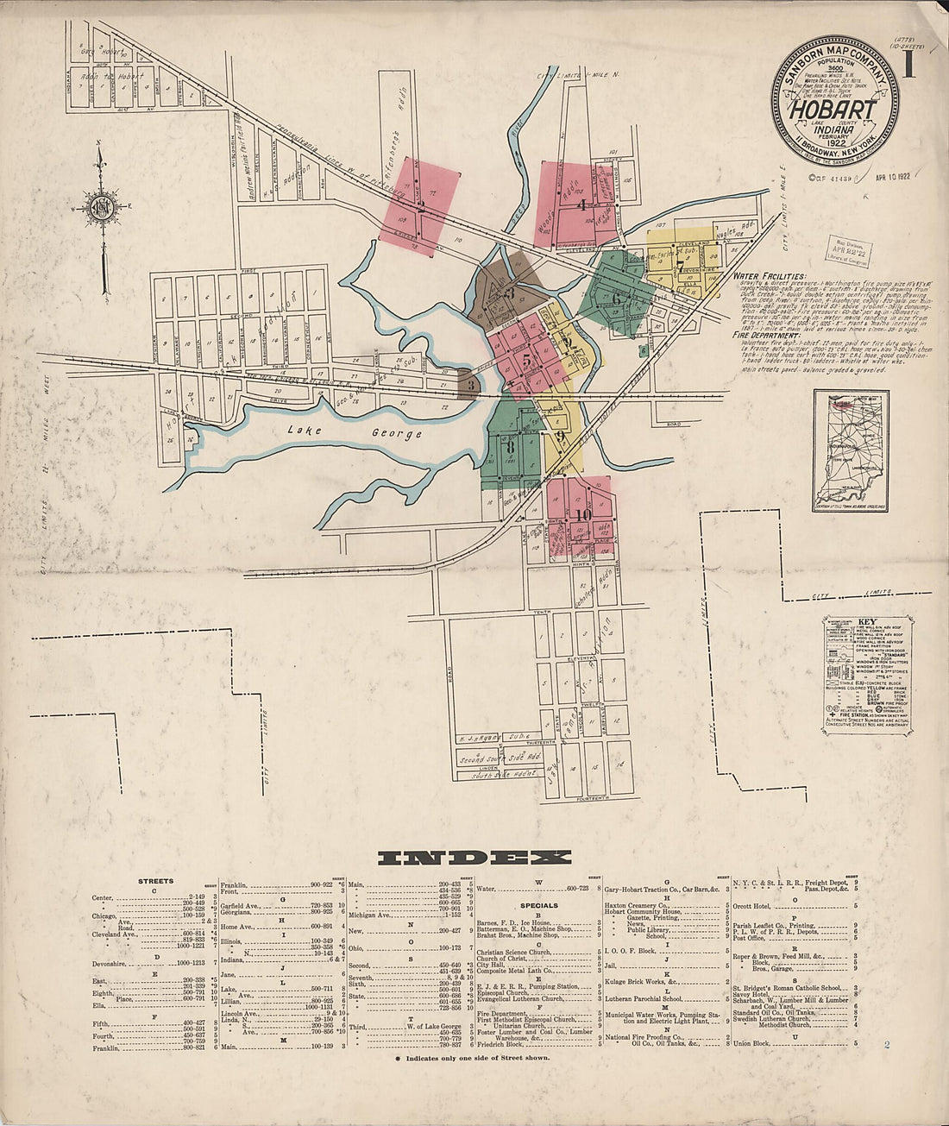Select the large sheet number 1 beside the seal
coord(908,64)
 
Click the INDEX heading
coord(474,858)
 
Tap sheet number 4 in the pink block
coord(582,205)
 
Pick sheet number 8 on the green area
coord(510,448)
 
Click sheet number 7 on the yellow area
coord(680,264)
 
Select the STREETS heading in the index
coord(156,881)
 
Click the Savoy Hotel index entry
coord(750,994)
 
